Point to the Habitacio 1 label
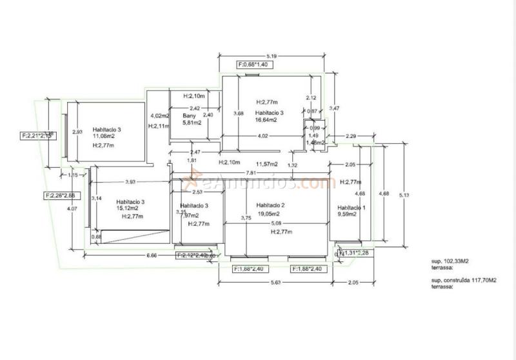pos(352,208)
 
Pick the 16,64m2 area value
pos(266,120)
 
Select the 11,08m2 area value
pos(103,137)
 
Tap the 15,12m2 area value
pos(129,209)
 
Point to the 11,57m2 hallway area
pos(266,164)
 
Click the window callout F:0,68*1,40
pos(252,65)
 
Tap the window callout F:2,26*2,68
pos(60,195)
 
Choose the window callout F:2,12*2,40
pos(192,255)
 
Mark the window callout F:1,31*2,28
pos(353,252)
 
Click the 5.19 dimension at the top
pos(273,57)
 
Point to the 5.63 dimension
pos(273,282)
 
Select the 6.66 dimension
pos(152,255)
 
